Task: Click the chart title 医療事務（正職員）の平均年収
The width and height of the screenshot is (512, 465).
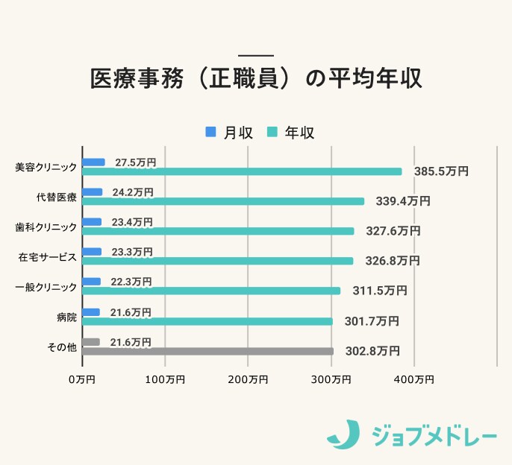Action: (x=256, y=80)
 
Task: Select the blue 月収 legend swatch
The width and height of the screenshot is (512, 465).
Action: (x=210, y=132)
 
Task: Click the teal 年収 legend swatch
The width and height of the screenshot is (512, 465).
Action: (x=272, y=132)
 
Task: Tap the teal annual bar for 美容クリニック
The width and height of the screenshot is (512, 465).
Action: (x=242, y=171)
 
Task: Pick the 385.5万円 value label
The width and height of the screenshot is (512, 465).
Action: (x=441, y=171)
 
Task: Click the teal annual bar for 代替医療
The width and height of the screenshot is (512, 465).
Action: (x=223, y=201)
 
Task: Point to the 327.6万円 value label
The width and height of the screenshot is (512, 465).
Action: (x=393, y=231)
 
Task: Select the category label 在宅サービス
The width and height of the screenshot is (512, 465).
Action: (x=47, y=257)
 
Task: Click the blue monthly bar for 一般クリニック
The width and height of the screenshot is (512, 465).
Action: (x=92, y=282)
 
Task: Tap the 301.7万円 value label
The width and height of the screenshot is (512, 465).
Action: (x=372, y=321)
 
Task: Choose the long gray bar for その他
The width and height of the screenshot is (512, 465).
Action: (x=207, y=351)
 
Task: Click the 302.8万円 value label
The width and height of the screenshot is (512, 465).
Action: (x=372, y=351)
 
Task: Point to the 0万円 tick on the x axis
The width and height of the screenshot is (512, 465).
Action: (x=81, y=380)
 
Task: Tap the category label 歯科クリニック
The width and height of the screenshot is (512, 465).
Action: (x=46, y=227)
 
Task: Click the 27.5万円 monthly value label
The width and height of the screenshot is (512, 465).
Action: (x=135, y=162)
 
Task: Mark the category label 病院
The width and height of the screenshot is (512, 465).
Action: (x=66, y=317)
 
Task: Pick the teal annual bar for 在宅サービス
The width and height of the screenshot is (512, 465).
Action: (x=218, y=262)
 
